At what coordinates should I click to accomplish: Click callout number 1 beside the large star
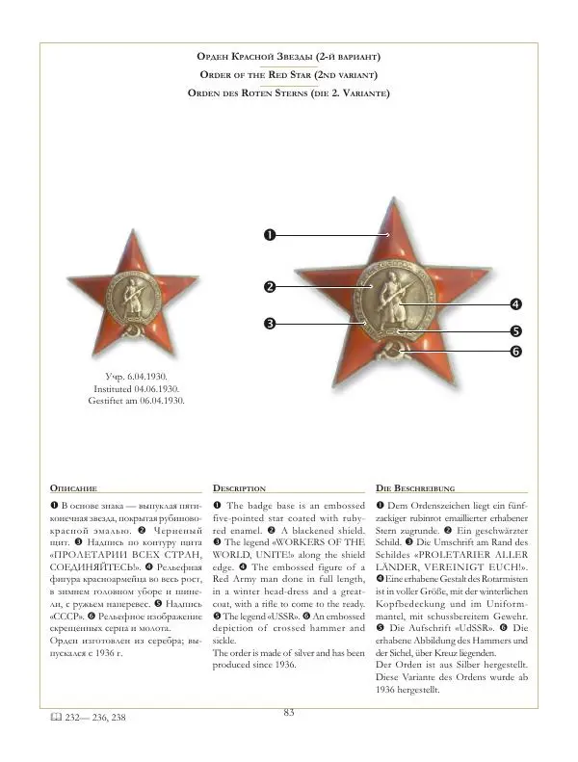coord(271,234)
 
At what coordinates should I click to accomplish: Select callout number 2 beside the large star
coord(271,286)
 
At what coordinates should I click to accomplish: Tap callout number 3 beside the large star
coord(271,324)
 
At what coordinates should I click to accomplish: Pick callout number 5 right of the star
coord(516,330)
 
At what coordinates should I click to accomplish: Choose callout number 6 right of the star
coord(516,353)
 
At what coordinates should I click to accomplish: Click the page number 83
coord(288,712)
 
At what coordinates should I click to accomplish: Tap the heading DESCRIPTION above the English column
coord(239,488)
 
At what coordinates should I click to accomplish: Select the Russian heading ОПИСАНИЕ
coord(73,488)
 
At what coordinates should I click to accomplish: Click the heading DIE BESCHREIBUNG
coord(414,488)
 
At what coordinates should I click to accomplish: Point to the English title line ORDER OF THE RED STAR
coord(288,75)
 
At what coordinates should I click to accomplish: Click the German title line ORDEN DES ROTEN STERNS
coord(288,93)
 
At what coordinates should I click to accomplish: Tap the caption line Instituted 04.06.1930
coord(136,388)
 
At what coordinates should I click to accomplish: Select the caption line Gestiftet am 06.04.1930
coord(136,400)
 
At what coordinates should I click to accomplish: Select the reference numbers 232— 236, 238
coord(95,718)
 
